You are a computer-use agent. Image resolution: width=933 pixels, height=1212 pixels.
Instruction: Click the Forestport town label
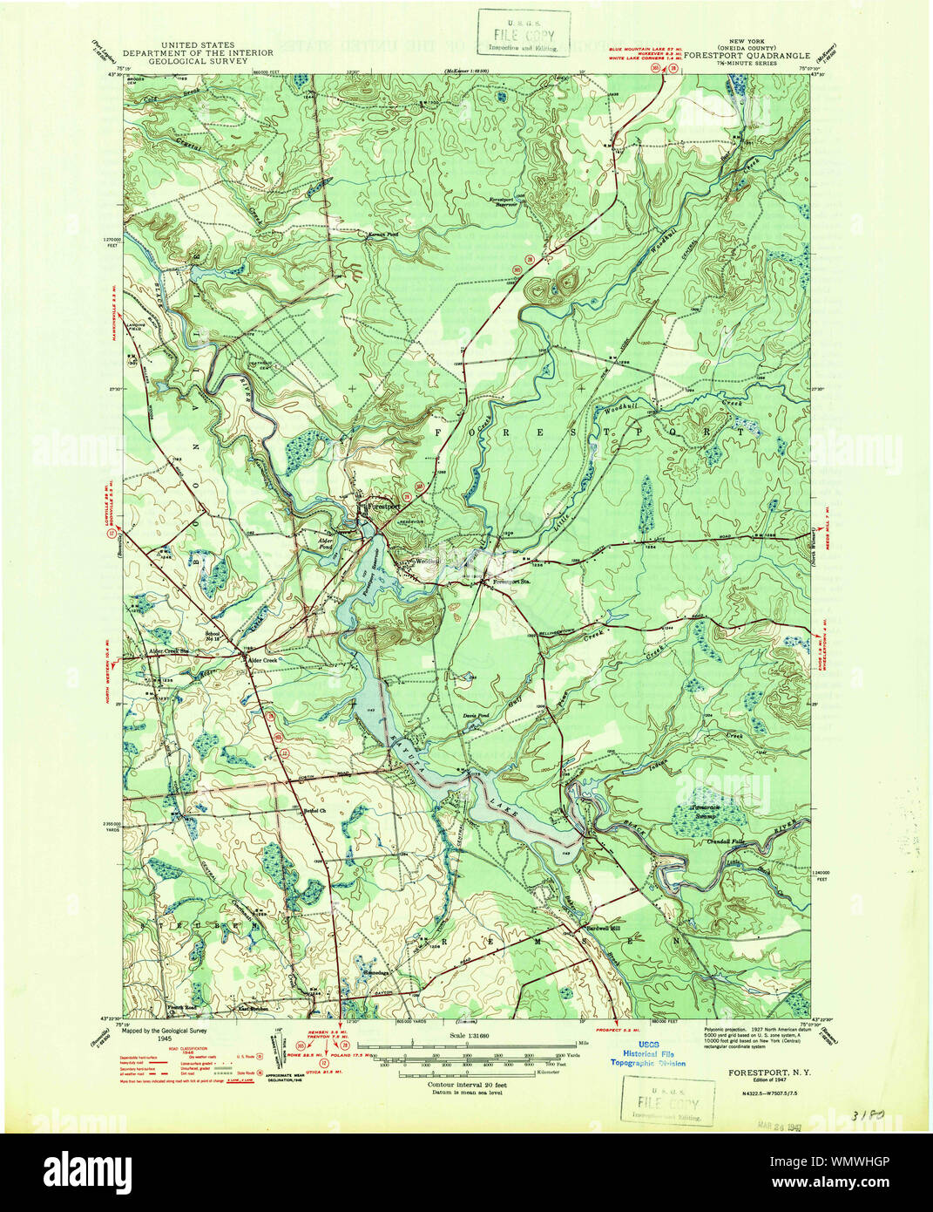[384, 506]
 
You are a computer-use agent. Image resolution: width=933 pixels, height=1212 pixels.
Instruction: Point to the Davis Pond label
[476, 715]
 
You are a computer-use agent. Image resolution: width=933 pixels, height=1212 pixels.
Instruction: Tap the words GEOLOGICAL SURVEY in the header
[197, 62]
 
